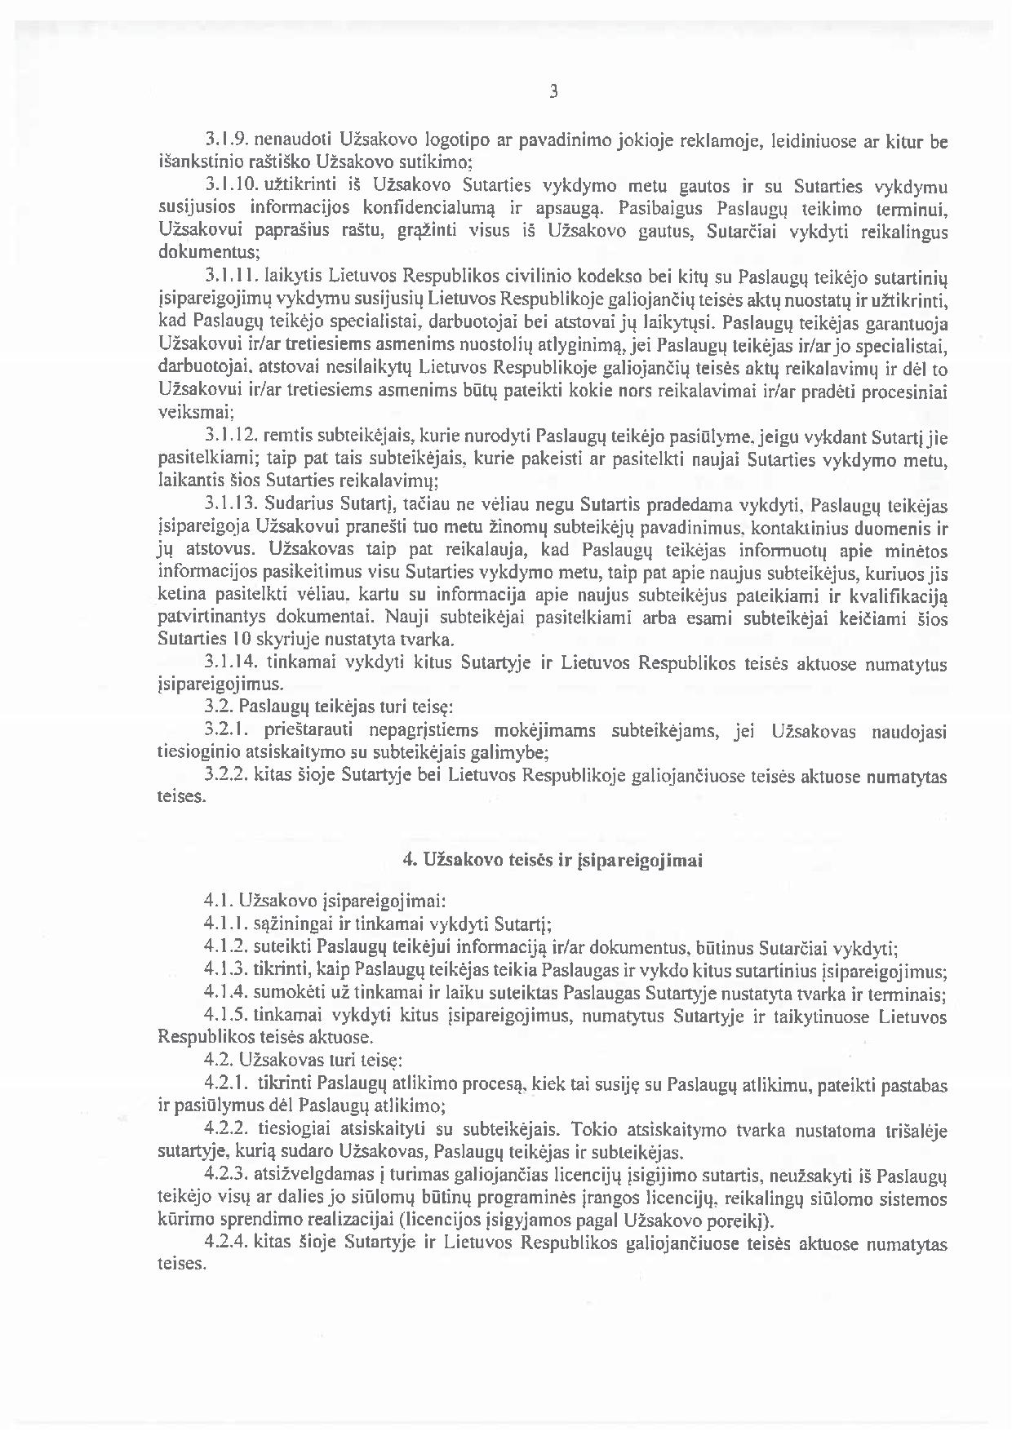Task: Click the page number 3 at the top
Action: click(554, 92)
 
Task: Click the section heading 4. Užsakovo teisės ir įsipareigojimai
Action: click(553, 860)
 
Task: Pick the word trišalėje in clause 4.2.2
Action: click(915, 1131)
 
